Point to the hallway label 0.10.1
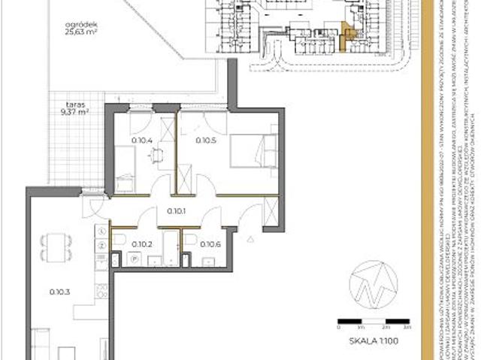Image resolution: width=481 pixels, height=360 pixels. (x=177, y=211)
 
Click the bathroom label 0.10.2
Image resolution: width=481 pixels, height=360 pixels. (x=142, y=244)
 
